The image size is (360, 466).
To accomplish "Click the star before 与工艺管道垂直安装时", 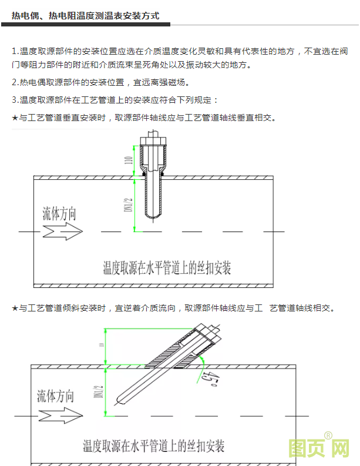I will pos(15,118).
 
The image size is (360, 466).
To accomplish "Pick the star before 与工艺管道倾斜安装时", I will pos(15,307).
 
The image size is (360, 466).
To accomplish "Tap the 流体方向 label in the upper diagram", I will pos(59,213).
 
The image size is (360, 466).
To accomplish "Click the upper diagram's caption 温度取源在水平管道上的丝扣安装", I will pos(167,268).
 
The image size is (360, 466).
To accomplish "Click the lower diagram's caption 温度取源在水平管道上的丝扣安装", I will pos(153,445).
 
